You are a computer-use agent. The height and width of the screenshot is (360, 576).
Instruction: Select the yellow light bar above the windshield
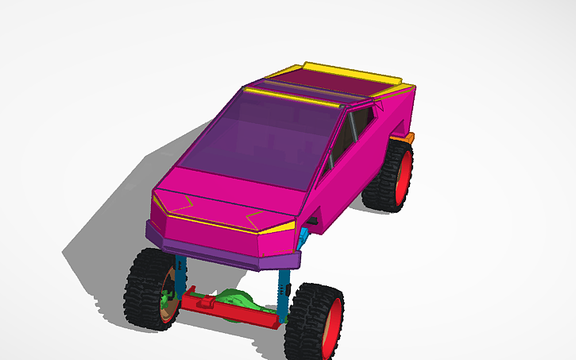point(294,98)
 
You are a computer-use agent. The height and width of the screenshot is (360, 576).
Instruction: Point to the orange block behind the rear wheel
point(407,139)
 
